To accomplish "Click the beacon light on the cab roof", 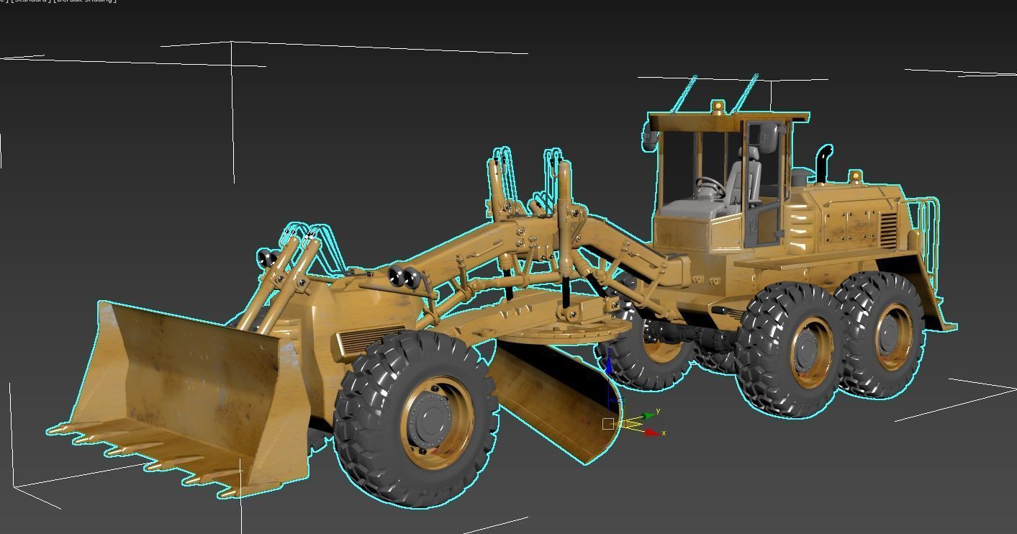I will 718,107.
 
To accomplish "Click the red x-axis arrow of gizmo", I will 654,432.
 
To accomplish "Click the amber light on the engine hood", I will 855,176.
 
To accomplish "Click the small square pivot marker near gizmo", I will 608,424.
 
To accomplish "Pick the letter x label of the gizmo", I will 664,433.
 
